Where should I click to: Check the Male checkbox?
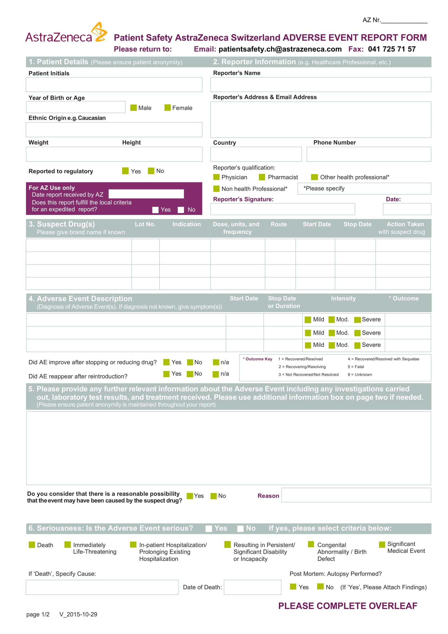tap(134, 108)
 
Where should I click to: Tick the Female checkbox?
tap(167, 108)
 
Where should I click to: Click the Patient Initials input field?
tap(114, 85)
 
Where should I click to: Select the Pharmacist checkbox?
tap(262, 177)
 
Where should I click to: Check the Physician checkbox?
tap(216, 177)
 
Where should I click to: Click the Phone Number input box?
tap(369, 154)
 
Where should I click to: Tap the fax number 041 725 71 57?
tap(392, 49)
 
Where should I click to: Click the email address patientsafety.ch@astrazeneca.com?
tap(280, 49)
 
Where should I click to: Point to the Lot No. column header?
tap(145, 224)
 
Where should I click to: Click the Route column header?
tap(279, 224)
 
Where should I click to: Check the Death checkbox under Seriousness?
tap(32, 545)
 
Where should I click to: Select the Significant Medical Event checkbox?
tap(382, 544)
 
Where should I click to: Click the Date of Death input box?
tap(252, 587)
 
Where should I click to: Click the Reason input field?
tap(356, 495)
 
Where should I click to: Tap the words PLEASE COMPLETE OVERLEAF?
tap(347, 606)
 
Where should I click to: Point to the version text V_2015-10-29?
tap(78, 614)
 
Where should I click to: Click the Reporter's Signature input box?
tap(283, 209)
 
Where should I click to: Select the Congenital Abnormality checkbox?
tap(311, 544)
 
